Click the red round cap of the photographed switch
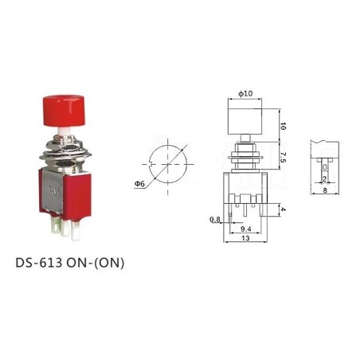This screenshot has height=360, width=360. click(59, 109)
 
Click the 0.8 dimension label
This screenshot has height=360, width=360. click(214, 219)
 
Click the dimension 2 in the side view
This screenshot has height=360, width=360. click(326, 178)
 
